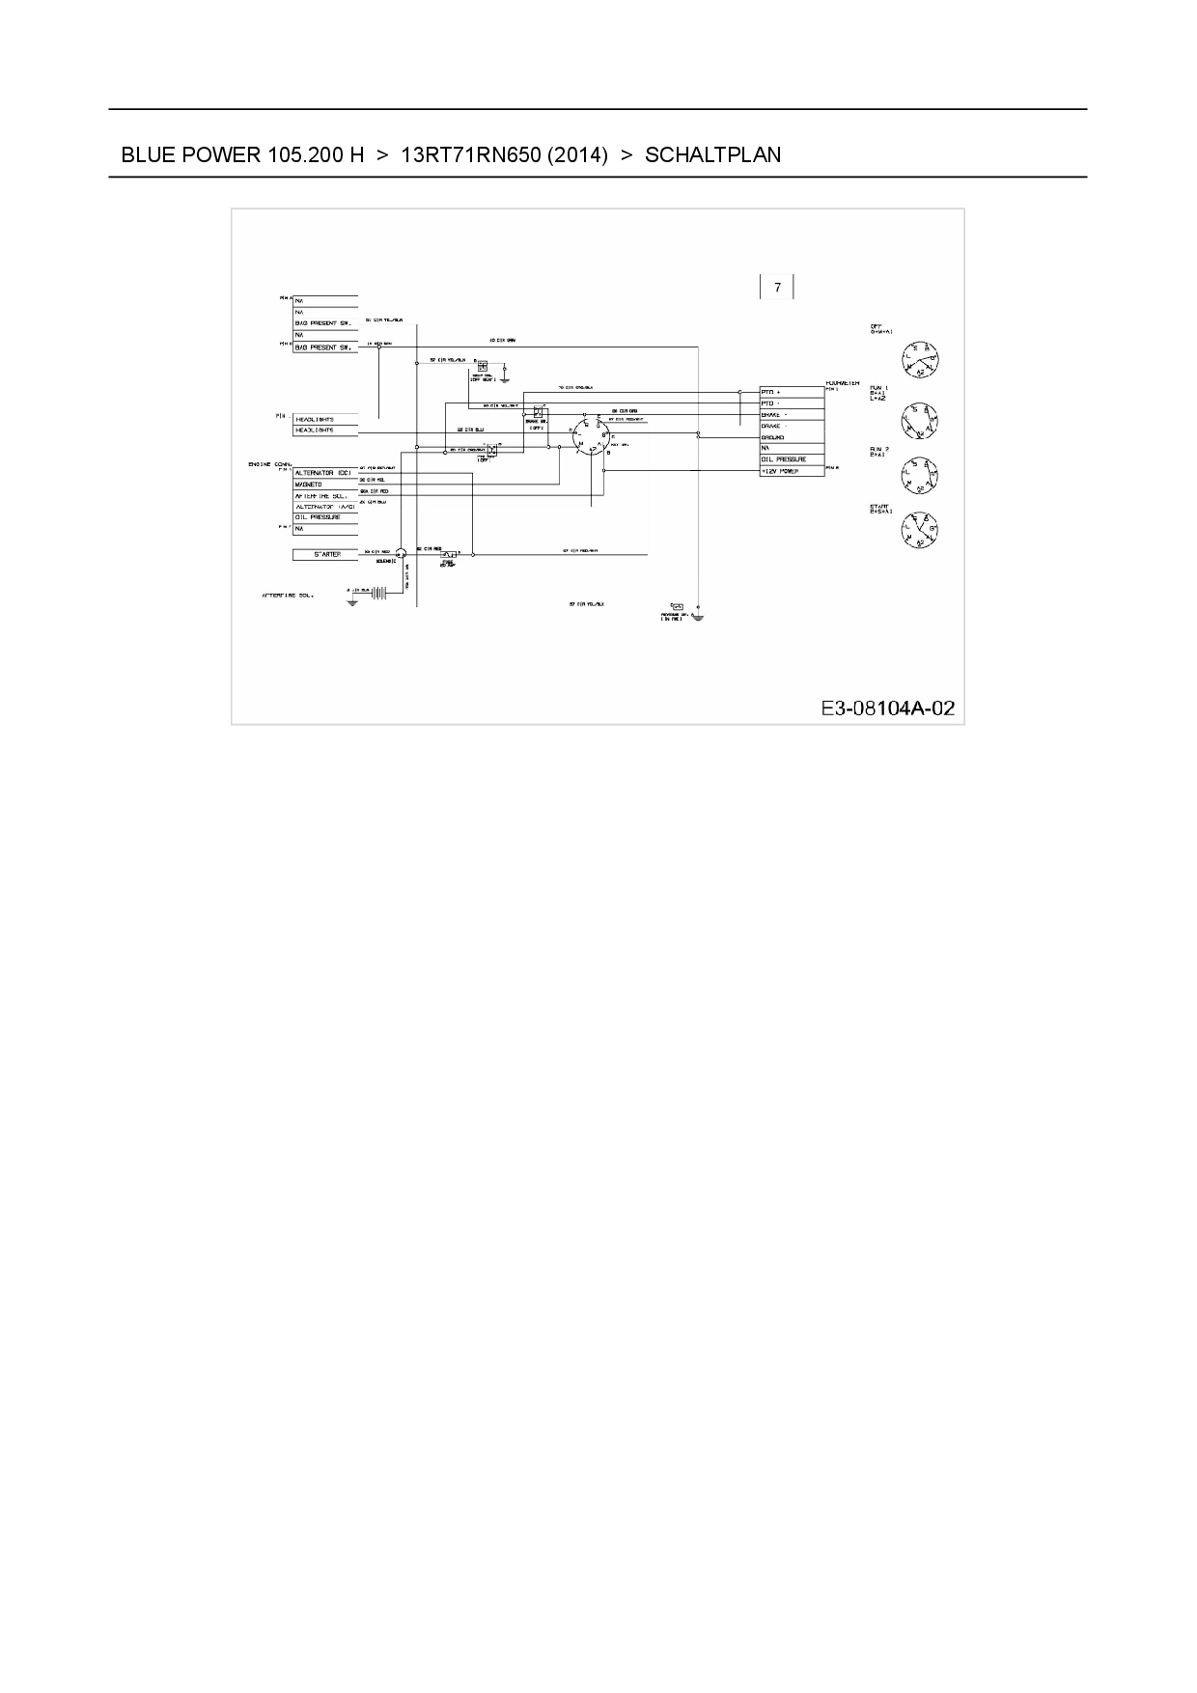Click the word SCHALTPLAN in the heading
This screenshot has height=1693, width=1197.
pyautogui.click(x=712, y=154)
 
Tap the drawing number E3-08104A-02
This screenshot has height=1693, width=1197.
pyautogui.click(x=887, y=708)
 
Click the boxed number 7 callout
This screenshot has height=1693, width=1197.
pyautogui.click(x=777, y=288)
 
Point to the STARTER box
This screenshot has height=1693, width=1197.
pyautogui.click(x=325, y=555)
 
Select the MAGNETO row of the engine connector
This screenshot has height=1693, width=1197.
pyautogui.click(x=325, y=485)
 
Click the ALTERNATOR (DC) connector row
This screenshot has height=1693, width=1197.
pyautogui.click(x=325, y=473)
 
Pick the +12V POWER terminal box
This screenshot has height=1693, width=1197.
pyautogui.click(x=792, y=471)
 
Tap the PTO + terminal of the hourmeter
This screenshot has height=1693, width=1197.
pyautogui.click(x=792, y=392)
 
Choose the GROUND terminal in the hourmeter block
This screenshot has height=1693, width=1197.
pyautogui.click(x=792, y=437)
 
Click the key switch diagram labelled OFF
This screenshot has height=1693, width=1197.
pyautogui.click(x=920, y=361)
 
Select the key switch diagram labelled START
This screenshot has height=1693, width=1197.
pyautogui.click(x=920, y=528)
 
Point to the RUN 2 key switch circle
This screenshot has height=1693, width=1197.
pyautogui.click(x=920, y=475)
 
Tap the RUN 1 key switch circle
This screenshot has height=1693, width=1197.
pyautogui.click(x=920, y=419)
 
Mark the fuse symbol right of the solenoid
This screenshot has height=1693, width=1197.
pyautogui.click(x=449, y=555)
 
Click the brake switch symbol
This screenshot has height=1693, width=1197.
pyautogui.click(x=538, y=412)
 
